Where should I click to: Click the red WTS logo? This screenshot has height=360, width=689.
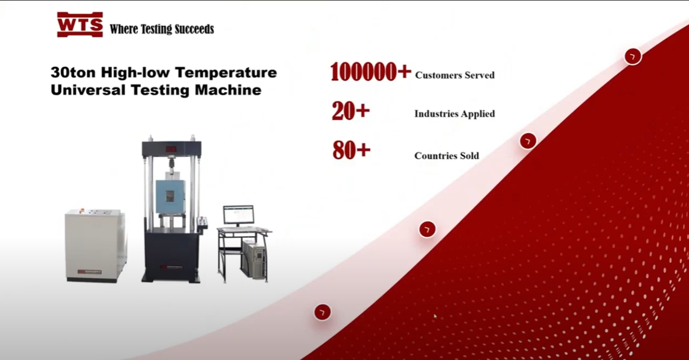(80, 25)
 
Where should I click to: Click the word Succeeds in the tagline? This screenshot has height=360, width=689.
(194, 29)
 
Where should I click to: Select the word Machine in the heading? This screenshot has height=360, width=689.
(228, 90)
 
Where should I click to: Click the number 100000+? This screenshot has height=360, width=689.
(370, 72)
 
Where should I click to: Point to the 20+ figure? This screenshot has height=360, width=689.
(351, 111)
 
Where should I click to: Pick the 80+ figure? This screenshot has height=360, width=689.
(351, 150)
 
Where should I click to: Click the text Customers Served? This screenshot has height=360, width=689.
(454, 75)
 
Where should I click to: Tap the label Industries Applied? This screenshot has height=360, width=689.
(454, 114)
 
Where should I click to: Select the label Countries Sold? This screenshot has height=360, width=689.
(447, 156)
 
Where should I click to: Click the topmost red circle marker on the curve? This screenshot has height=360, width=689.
(633, 56)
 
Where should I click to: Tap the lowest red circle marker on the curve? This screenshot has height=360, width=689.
(322, 312)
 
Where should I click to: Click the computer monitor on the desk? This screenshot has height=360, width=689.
(239, 215)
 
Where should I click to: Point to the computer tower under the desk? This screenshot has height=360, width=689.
(253, 259)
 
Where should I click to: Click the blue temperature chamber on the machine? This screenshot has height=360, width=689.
(171, 197)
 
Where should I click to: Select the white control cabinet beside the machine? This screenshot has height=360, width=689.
(96, 246)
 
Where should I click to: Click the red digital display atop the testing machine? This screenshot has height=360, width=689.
(171, 149)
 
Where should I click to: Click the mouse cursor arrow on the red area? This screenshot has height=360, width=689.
(435, 316)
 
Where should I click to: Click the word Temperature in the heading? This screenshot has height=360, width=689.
(226, 72)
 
